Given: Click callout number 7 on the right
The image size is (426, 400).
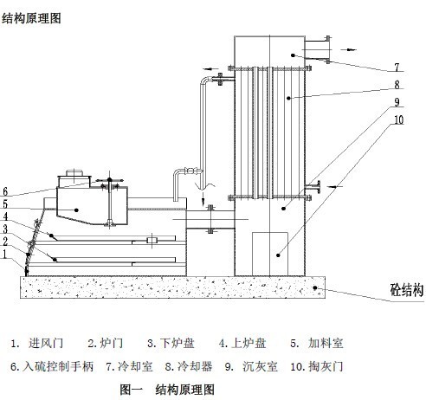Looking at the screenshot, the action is [x=397, y=68].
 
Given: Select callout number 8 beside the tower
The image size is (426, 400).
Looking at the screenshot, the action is [x=397, y=85].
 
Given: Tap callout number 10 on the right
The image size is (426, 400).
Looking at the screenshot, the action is [x=398, y=119].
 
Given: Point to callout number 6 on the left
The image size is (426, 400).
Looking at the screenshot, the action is [x=5, y=191].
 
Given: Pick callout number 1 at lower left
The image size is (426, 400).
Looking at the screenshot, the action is [x=4, y=255].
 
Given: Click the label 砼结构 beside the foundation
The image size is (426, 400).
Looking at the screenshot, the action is [x=407, y=290].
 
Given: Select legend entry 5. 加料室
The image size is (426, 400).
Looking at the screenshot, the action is [x=317, y=344].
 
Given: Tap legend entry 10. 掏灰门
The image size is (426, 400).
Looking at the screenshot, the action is [x=317, y=366].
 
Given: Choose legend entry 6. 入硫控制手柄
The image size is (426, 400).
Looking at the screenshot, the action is [x=52, y=366].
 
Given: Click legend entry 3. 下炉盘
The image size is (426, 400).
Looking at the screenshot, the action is [x=171, y=344].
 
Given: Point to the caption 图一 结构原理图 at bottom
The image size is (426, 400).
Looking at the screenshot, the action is [x=167, y=390].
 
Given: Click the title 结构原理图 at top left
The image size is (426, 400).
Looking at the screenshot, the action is [x=31, y=18].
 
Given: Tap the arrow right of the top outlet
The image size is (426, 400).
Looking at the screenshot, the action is [x=348, y=49].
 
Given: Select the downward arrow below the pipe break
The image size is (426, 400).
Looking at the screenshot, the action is [x=203, y=197].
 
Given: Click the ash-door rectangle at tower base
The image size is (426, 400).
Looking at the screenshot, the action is [x=270, y=254].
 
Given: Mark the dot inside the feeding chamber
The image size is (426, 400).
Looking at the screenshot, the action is [x=76, y=210].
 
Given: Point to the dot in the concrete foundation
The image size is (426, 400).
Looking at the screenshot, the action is [x=315, y=287].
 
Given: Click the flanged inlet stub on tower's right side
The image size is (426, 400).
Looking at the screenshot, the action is [x=313, y=187].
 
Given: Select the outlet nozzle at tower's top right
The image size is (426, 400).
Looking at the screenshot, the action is [x=318, y=49].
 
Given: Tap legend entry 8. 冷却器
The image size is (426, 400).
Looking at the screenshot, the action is [x=189, y=366].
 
